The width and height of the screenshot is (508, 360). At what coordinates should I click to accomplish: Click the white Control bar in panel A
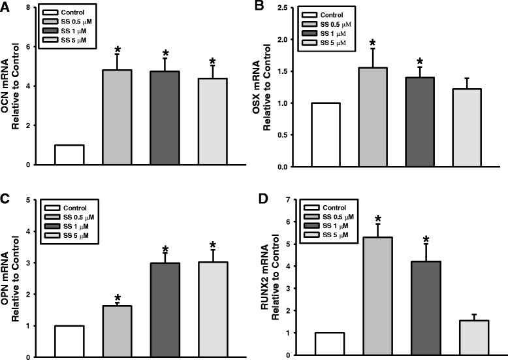pyautogui.click(x=69, y=155)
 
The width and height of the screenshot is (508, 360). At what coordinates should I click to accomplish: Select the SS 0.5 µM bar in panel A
pyautogui.click(x=118, y=118)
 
